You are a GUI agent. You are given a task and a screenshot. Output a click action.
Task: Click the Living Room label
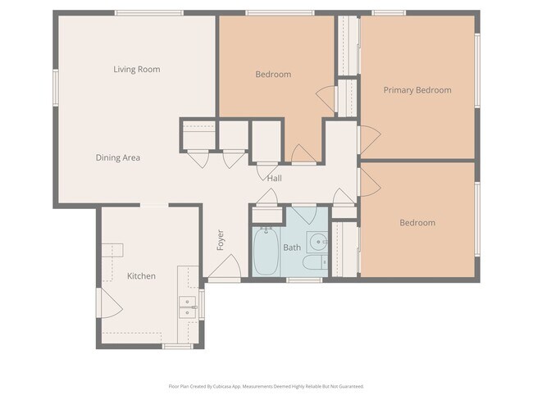click(x=136, y=70)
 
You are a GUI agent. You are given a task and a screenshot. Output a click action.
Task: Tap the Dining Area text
click(x=118, y=157)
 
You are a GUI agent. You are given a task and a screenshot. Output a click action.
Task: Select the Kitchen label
click(x=141, y=276)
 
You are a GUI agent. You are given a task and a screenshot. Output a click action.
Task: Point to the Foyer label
click(x=220, y=239)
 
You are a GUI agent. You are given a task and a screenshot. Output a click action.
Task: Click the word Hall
click(x=274, y=177)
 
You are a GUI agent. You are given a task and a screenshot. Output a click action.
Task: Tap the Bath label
click(x=292, y=247)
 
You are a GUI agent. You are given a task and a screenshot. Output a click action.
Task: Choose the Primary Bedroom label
click(x=417, y=90)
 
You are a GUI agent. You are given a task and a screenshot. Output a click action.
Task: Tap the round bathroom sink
click(x=319, y=242)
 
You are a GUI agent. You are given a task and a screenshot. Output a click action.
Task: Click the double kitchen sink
click(x=188, y=307)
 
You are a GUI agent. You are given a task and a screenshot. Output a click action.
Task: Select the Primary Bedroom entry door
click(x=368, y=142)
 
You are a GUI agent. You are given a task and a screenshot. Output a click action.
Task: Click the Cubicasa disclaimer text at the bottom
click(x=266, y=386)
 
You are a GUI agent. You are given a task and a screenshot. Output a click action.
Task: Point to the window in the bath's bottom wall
click(x=304, y=280)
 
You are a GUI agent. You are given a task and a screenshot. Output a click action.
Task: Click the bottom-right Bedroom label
click(x=417, y=223)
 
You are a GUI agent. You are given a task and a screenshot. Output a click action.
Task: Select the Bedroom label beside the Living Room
click(x=273, y=75)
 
